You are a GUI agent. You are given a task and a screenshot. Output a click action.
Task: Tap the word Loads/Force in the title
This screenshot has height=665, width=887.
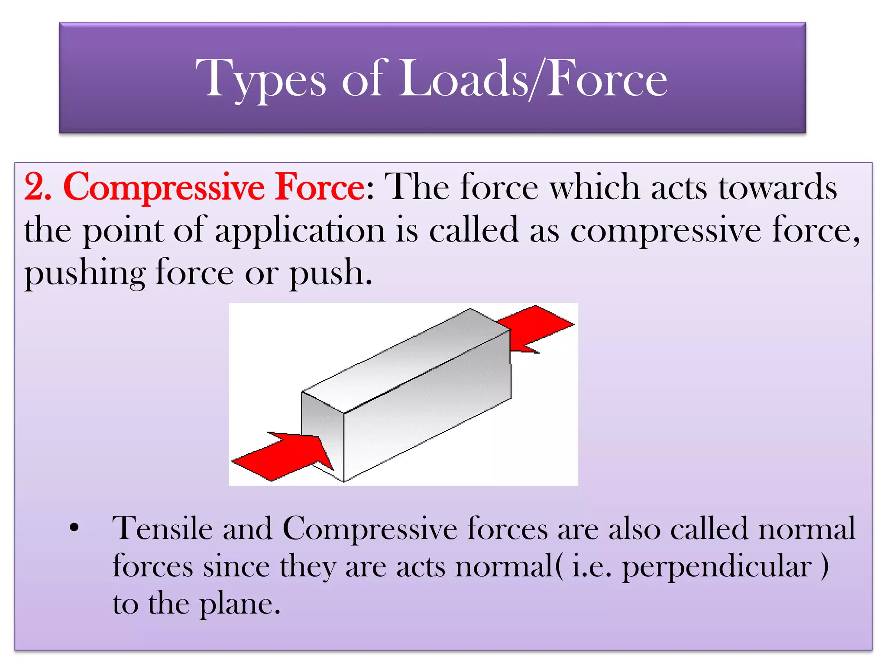pos(533,79)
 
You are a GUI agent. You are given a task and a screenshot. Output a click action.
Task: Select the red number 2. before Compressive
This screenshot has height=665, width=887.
pos(38,187)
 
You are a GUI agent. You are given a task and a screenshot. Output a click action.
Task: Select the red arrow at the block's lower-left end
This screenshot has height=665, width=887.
pos(282,455)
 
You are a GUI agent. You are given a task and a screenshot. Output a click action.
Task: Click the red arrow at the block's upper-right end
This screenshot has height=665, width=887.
pos(537,327)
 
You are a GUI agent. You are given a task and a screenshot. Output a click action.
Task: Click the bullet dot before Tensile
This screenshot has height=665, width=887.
pos(74,528)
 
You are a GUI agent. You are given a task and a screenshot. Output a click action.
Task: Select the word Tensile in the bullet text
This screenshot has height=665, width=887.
pos(162,529)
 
